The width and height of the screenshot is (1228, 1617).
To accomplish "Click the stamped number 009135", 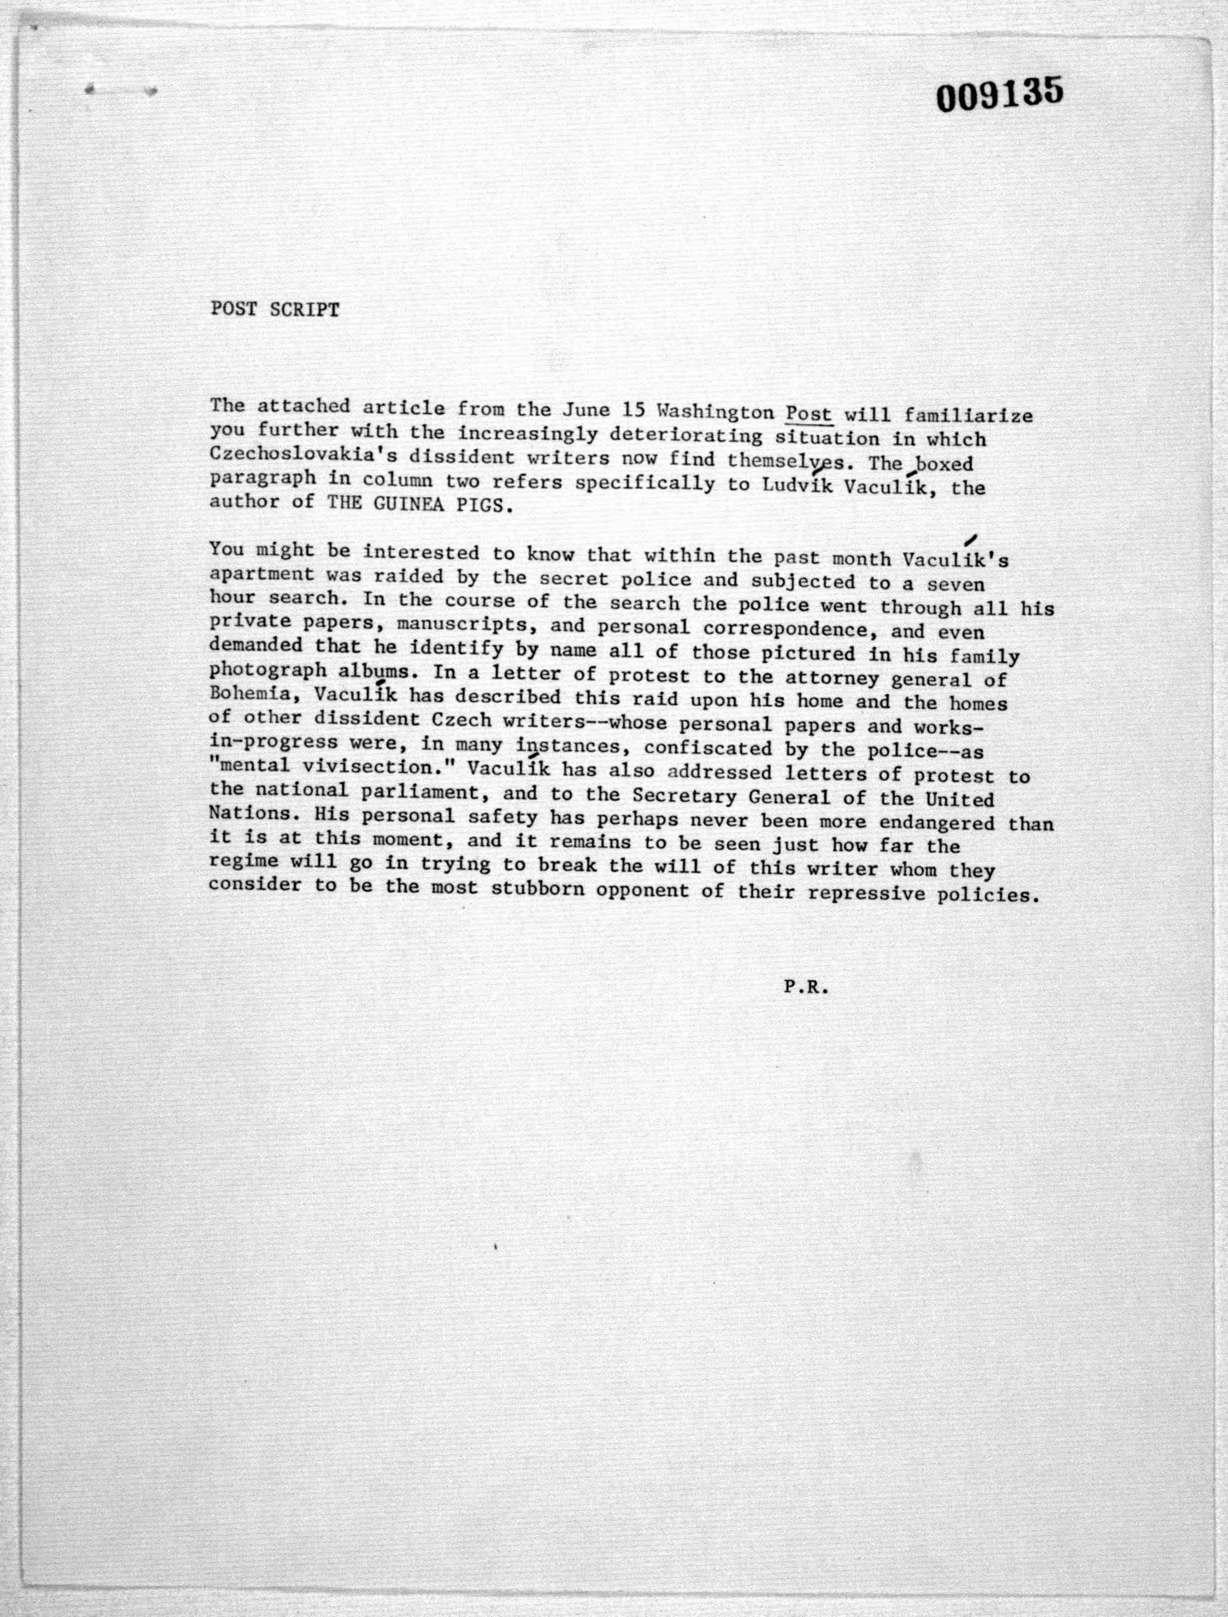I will click(x=999, y=96).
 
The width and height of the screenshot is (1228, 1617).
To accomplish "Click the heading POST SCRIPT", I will click(x=275, y=310).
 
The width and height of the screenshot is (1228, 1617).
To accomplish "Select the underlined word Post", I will click(x=809, y=413).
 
